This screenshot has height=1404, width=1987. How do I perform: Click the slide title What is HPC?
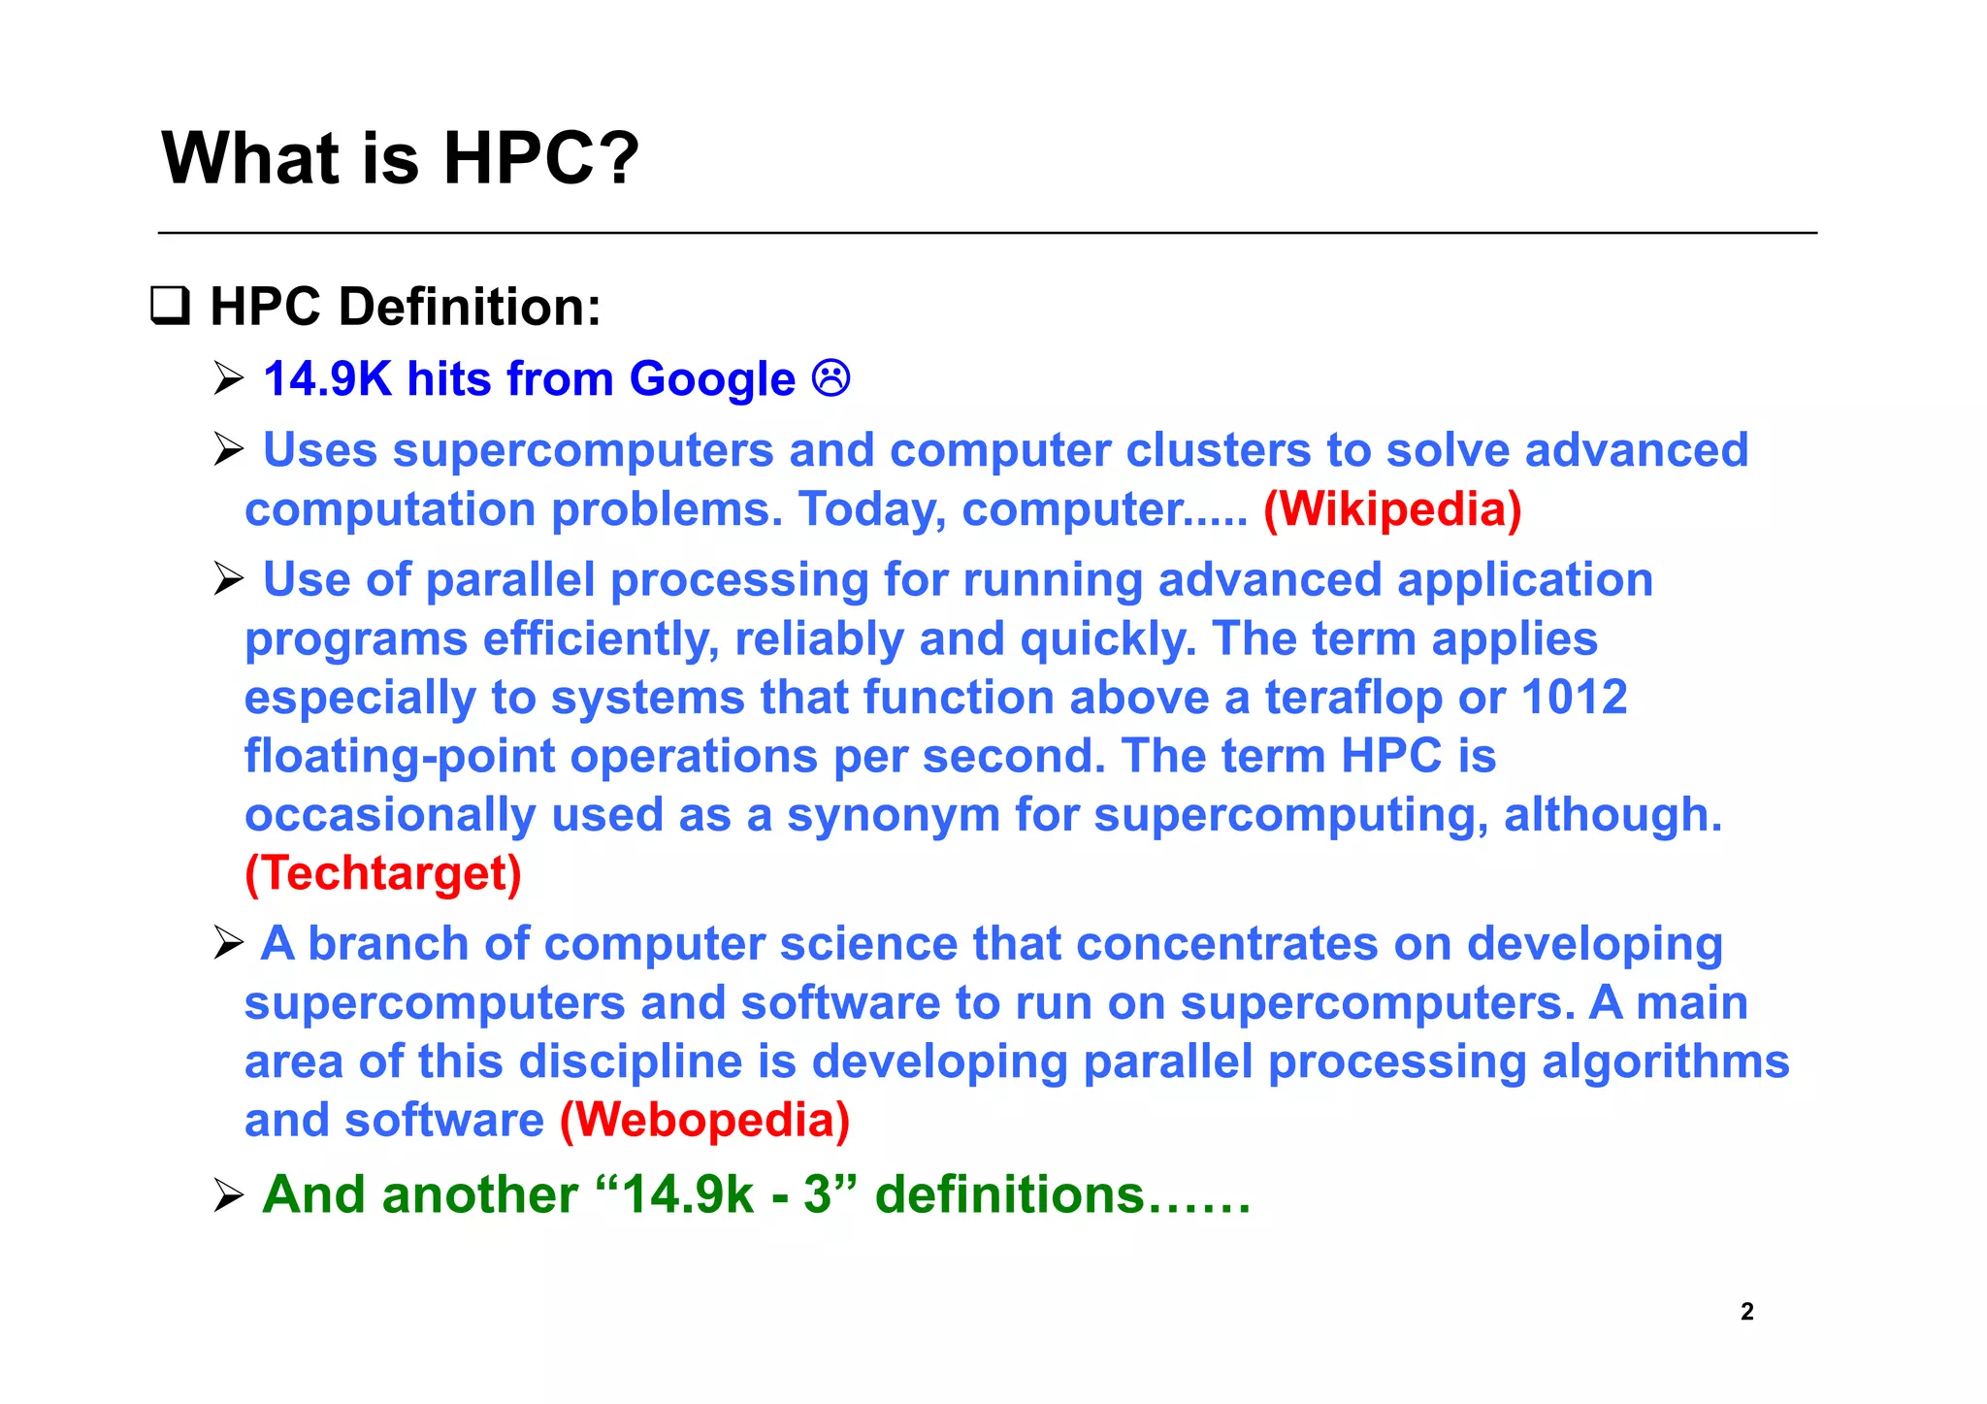point(400,158)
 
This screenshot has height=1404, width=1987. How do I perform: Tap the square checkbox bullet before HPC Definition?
point(170,307)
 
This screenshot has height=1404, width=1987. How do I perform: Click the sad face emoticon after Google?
point(831,377)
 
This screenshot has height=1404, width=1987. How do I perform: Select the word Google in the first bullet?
point(712,379)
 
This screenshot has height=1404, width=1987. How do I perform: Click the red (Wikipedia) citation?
point(1392,509)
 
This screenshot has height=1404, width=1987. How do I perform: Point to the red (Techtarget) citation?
point(383,873)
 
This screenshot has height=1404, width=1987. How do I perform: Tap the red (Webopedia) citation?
point(705,1121)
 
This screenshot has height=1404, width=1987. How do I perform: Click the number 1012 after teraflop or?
point(1574,698)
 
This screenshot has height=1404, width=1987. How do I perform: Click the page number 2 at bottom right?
point(1746,1312)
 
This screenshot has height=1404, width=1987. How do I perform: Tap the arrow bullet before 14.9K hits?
point(229,378)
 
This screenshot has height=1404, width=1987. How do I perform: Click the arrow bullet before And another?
point(229,1195)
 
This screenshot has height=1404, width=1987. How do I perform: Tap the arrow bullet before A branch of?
point(229,943)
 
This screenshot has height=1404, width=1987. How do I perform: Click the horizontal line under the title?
point(987,233)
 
